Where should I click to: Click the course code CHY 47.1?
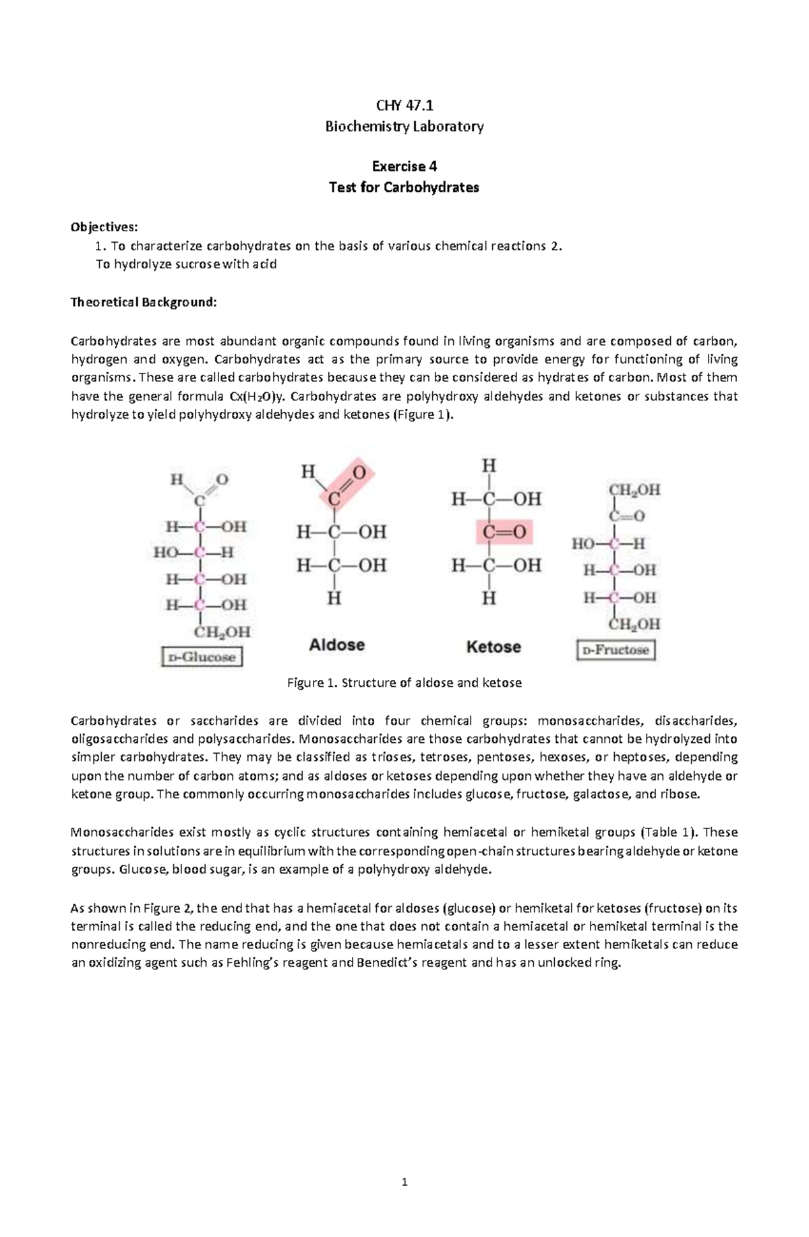tap(404, 105)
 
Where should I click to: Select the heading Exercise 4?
tap(404, 167)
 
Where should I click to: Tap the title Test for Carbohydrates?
tap(404, 187)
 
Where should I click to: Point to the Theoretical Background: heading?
tap(144, 302)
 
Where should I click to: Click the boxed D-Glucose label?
tap(202, 657)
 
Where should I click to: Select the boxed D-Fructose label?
tap(616, 650)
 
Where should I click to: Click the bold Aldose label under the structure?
tap(336, 645)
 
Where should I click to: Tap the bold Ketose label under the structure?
tap(493, 647)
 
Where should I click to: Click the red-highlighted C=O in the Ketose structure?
tap(504, 533)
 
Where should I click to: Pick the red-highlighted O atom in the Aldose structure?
tap(359, 473)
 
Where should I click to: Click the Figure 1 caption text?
tap(404, 683)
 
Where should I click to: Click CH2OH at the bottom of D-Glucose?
tap(222, 632)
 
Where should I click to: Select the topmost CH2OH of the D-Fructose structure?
tap(634, 490)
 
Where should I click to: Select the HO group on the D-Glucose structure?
tap(166, 553)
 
